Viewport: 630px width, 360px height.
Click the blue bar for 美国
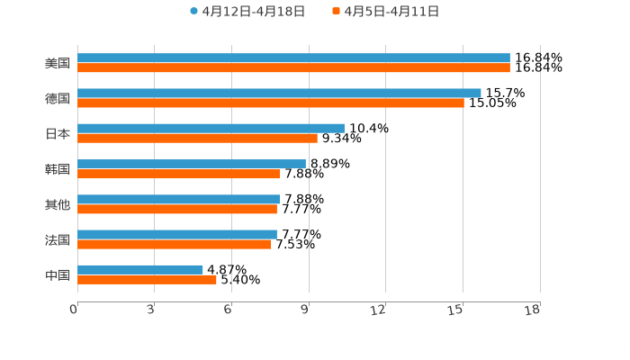click(x=293, y=58)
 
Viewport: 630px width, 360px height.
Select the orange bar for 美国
click(x=293, y=68)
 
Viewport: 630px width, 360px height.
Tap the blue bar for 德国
click(x=279, y=94)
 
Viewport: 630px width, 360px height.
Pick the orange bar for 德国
click(x=270, y=103)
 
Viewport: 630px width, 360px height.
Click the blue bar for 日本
click(x=211, y=129)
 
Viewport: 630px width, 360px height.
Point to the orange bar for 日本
click(x=197, y=139)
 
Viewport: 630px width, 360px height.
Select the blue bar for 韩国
click(x=192, y=164)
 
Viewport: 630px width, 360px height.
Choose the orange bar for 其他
click(x=177, y=210)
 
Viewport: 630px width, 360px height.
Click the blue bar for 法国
click(x=177, y=234)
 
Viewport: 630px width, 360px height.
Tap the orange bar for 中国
click(x=147, y=280)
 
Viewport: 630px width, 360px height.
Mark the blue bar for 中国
click(x=140, y=269)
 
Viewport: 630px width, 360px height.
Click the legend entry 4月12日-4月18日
click(x=247, y=12)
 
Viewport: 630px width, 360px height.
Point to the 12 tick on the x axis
click(x=378, y=310)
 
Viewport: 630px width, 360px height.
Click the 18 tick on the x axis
click(x=532, y=310)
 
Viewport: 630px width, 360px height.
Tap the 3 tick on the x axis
click(x=150, y=310)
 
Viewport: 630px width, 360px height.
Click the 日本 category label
click(x=58, y=133)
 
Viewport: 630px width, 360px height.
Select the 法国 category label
click(x=58, y=239)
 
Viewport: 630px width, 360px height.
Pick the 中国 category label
click(x=58, y=274)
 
